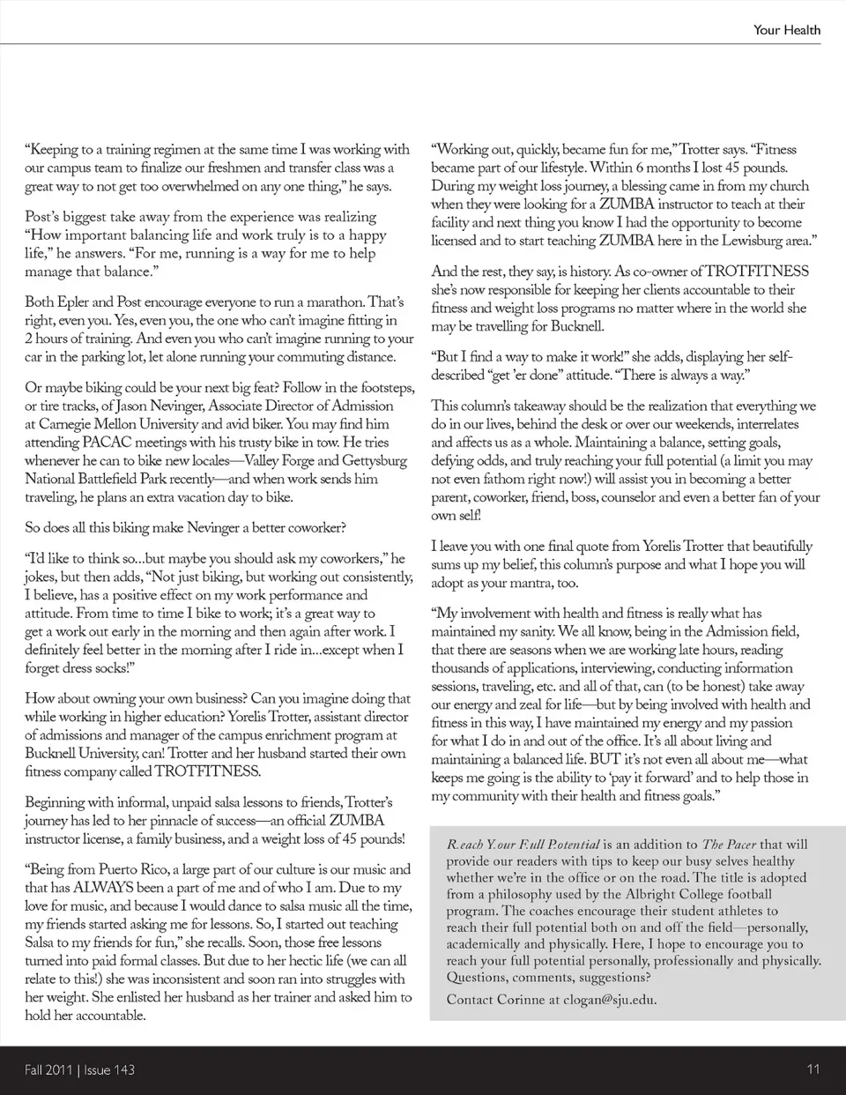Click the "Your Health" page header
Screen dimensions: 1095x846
[786, 29]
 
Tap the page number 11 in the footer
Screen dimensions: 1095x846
[813, 1069]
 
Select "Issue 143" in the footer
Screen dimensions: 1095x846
[110, 1070]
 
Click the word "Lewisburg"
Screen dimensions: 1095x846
[740, 241]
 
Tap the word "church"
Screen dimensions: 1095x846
[787, 186]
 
